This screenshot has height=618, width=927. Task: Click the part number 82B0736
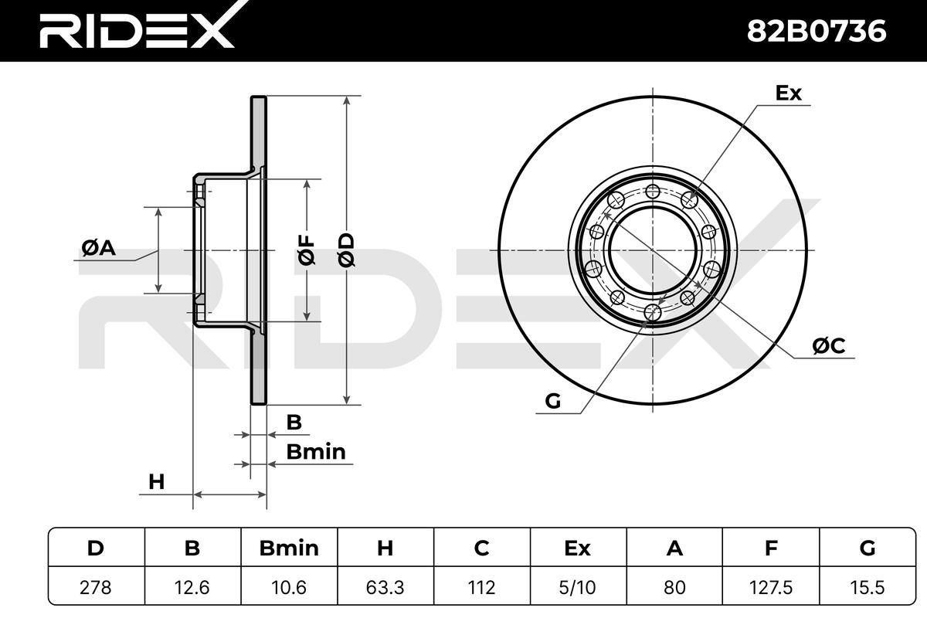(x=817, y=31)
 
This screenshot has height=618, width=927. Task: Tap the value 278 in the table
(x=96, y=587)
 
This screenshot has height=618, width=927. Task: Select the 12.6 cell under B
(x=192, y=587)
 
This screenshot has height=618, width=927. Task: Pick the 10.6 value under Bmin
(x=289, y=587)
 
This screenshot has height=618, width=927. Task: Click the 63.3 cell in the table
(x=385, y=587)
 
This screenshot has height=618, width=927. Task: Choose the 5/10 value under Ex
(x=578, y=587)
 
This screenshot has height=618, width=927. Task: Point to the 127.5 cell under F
(x=771, y=587)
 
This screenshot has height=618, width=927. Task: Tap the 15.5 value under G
(x=868, y=587)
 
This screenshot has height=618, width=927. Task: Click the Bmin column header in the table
(x=289, y=548)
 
